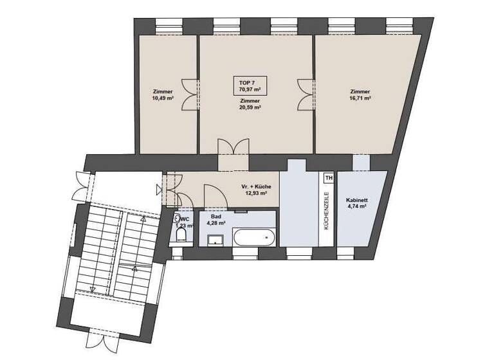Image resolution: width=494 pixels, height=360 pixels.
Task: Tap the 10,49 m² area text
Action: click(163, 99)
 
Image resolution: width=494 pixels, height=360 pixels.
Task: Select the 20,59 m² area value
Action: click(250, 108)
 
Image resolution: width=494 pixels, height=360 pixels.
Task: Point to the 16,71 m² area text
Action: click(360, 99)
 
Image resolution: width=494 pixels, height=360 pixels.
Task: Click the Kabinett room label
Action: click(356, 200)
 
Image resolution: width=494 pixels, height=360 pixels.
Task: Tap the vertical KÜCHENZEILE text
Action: click(327, 212)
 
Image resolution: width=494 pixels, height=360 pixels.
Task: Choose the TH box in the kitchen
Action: click(329, 178)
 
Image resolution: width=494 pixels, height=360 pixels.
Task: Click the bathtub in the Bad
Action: click(254, 239)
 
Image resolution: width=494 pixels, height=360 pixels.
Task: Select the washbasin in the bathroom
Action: click(215, 240)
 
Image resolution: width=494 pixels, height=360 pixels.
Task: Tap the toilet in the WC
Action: click(180, 239)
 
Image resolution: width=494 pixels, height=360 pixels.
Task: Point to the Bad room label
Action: click(215, 217)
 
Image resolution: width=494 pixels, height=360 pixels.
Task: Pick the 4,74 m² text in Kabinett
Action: click(356, 208)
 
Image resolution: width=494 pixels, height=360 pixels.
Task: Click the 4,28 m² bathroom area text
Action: click(216, 223)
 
